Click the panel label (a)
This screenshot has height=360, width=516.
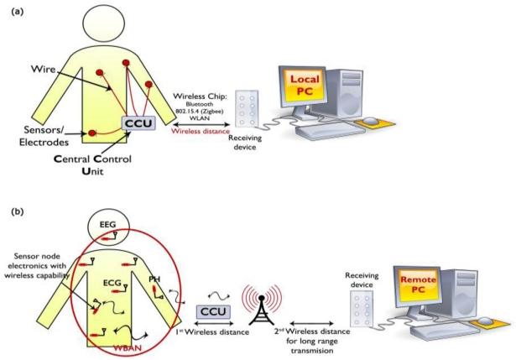[14, 13]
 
